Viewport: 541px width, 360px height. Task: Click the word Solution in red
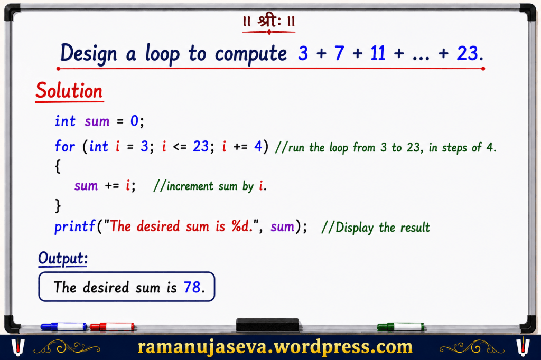coord(69,91)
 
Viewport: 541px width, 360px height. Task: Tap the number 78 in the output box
coord(192,287)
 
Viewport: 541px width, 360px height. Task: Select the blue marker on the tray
coord(63,327)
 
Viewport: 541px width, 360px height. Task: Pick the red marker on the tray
coord(112,327)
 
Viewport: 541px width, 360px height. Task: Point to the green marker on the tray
coord(400,327)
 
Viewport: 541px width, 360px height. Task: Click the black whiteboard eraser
coord(267,325)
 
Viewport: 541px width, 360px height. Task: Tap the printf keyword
coord(74,227)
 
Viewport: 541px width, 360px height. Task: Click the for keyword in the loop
coord(64,146)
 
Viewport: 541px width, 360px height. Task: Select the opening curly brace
coord(58,166)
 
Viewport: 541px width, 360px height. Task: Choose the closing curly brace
coord(58,205)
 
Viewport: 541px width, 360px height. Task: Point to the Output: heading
coord(63,258)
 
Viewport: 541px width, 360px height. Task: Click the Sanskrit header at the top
coord(269,22)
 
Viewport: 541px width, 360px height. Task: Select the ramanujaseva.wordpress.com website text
coord(275,347)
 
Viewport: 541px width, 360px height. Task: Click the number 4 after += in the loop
coord(258,146)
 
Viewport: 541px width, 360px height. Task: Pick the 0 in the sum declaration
coord(134,121)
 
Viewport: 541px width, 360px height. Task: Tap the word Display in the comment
coord(355,228)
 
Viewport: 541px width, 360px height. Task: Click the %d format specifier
coord(241,226)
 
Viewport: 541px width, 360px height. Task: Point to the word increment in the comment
coord(190,186)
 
